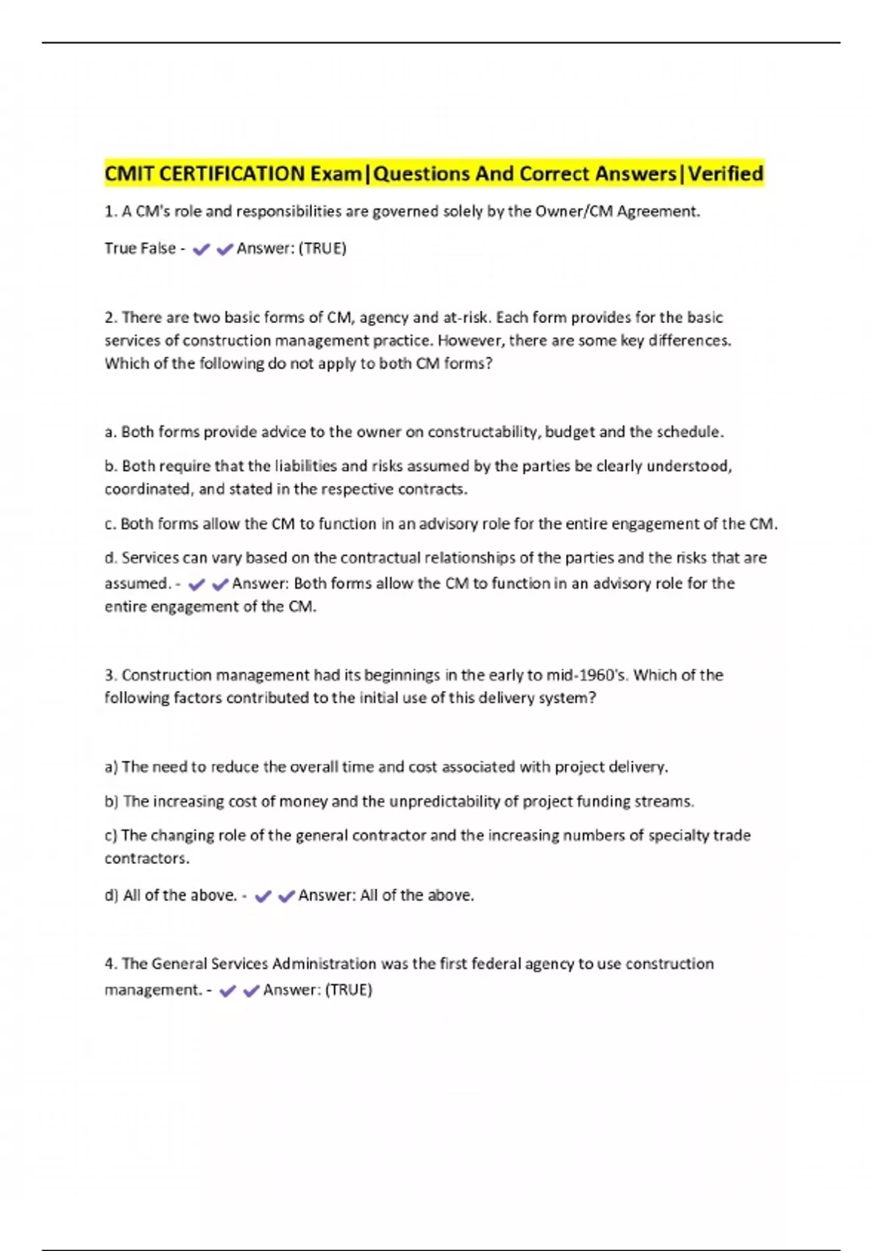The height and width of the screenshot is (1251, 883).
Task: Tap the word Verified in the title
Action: [726, 174]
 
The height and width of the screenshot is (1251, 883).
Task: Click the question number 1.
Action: [110, 212]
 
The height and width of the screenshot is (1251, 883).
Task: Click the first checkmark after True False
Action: [201, 249]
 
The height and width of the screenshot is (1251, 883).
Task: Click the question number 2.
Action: [110, 318]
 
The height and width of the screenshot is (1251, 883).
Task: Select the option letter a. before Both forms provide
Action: [110, 432]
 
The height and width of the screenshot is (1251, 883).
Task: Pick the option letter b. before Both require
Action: [110, 466]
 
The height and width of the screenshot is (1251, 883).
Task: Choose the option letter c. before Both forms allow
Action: [110, 524]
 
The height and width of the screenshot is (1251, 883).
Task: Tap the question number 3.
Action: [110, 676]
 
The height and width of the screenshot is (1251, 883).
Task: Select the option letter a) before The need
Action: [111, 767]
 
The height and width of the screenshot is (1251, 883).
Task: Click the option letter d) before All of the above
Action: [111, 896]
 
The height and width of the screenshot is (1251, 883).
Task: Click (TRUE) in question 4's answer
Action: [348, 990]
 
